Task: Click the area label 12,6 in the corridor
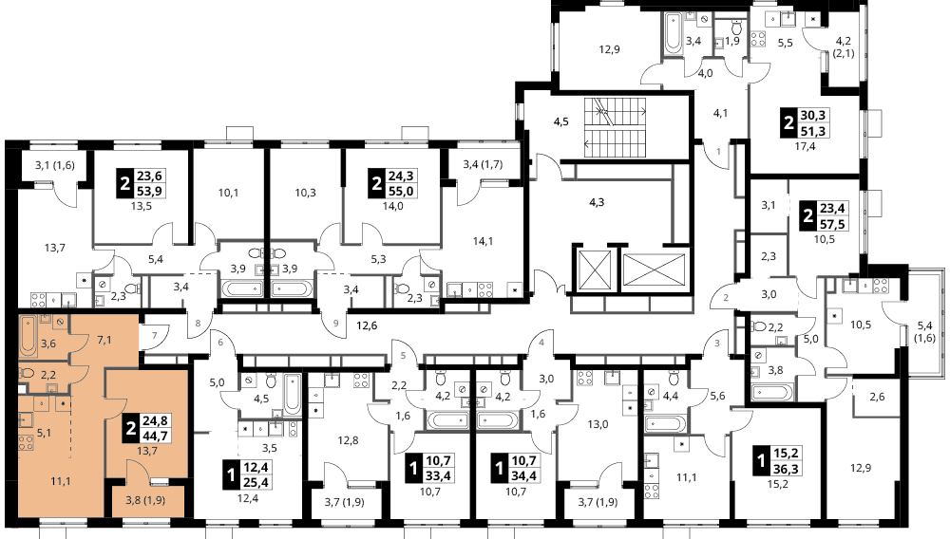pyautogui.click(x=367, y=325)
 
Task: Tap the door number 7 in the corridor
pyautogui.click(x=155, y=335)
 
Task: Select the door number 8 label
pyautogui.click(x=198, y=324)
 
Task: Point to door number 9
pyautogui.click(x=335, y=324)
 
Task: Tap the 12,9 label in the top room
pyautogui.click(x=610, y=49)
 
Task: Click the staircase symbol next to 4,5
pyautogui.click(x=615, y=127)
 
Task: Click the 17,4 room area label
pyautogui.click(x=805, y=146)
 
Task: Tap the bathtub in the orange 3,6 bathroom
pyautogui.click(x=28, y=335)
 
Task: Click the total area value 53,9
pyautogui.click(x=151, y=191)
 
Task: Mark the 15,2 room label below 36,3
pyautogui.click(x=777, y=483)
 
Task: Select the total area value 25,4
pyautogui.click(x=256, y=482)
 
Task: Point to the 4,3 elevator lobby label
pyautogui.click(x=597, y=202)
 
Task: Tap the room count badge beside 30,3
pyautogui.click(x=788, y=123)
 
